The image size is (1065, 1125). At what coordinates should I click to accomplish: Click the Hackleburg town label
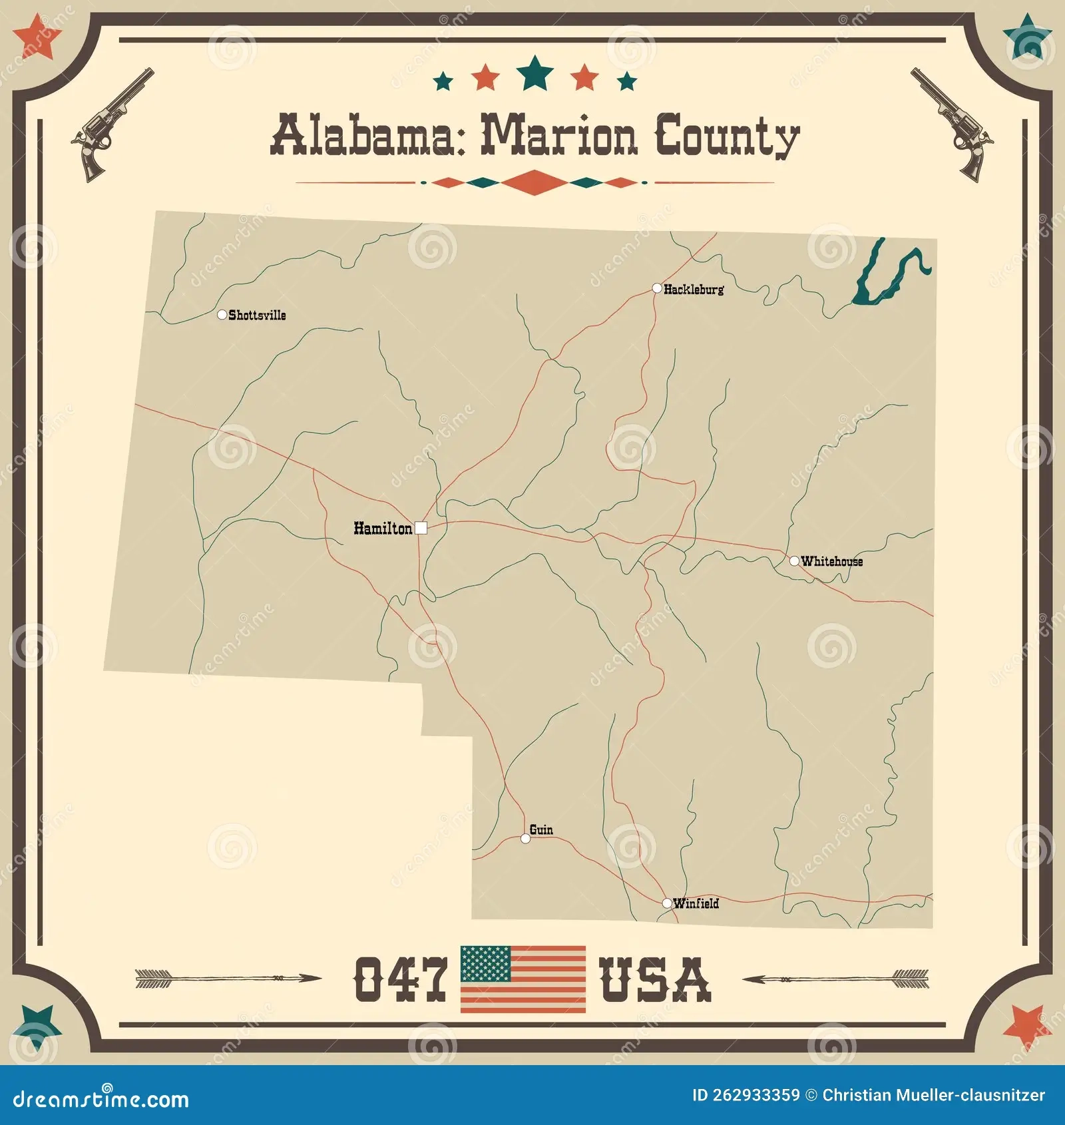[x=694, y=290]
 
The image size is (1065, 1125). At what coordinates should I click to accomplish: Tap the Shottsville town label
[x=257, y=316]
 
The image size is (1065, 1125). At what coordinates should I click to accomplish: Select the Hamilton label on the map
[x=383, y=529]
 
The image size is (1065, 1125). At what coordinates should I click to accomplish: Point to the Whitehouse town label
[x=831, y=561]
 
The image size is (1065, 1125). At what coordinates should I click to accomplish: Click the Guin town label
[x=541, y=829]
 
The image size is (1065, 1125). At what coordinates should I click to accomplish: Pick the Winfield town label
[x=696, y=903]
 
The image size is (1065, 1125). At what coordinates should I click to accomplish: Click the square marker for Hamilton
[x=421, y=529]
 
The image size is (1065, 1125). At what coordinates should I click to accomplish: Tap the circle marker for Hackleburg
[x=657, y=288]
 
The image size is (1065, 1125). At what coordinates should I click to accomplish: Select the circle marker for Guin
[x=526, y=838]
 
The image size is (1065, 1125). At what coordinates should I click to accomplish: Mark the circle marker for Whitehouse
[x=794, y=561]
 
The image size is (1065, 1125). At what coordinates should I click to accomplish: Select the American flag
[x=523, y=979]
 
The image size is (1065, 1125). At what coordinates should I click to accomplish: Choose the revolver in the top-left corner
[x=112, y=124]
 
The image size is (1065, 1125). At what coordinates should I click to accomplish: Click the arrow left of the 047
[x=228, y=979]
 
